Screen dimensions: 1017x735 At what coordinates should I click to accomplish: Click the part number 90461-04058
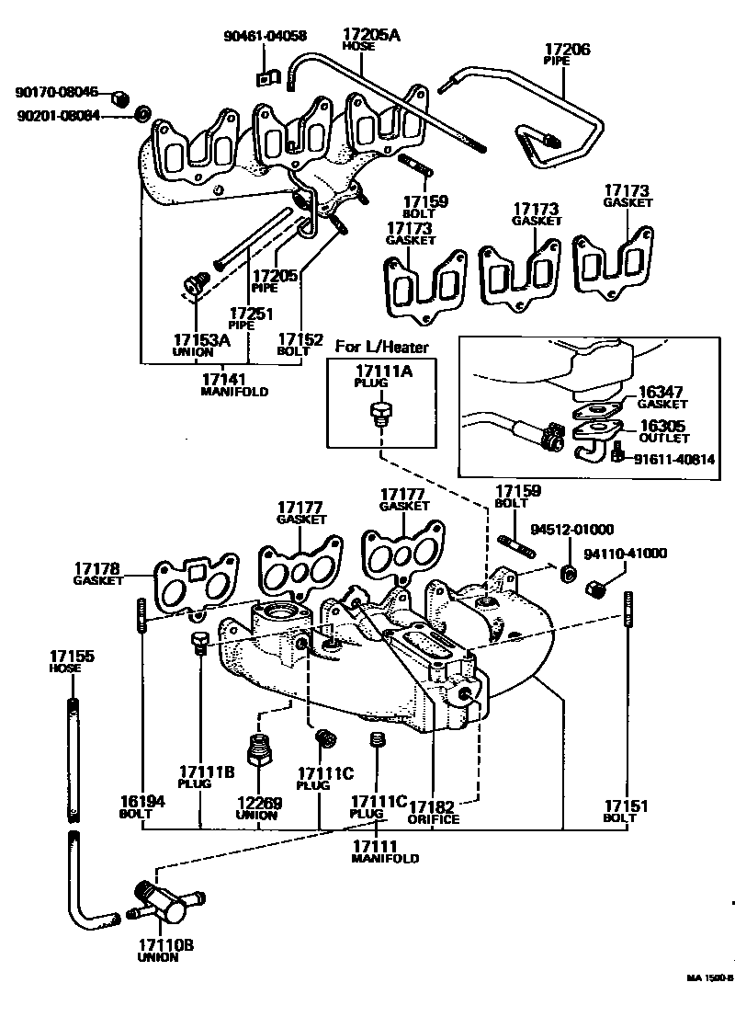265,37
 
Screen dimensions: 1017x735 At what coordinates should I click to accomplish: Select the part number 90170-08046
56,93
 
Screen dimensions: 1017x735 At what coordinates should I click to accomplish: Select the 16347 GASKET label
661,396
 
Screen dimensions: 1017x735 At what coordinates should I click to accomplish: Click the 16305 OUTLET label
661,431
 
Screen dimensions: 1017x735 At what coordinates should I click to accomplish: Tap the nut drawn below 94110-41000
594,586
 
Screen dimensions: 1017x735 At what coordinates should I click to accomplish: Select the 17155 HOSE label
72,661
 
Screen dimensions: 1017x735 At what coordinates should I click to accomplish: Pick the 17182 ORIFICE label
433,812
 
